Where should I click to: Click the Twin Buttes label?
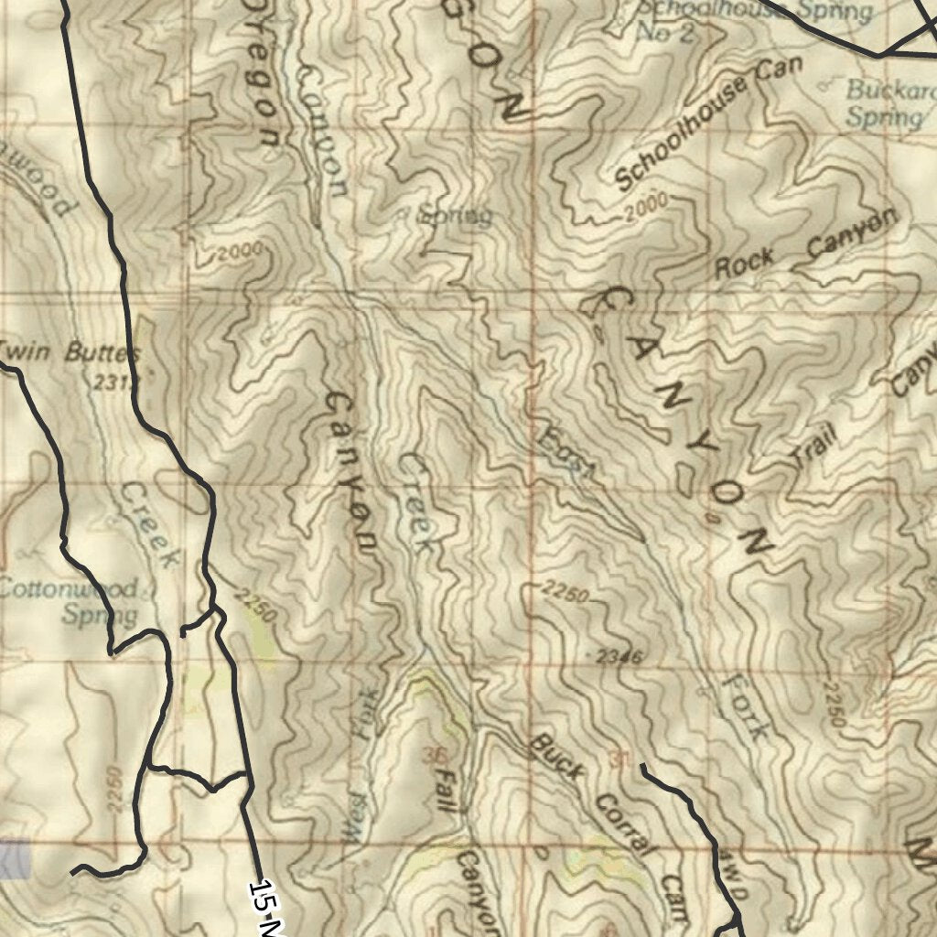[70, 352]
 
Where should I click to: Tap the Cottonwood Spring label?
[71, 600]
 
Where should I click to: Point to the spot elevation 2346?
[619, 656]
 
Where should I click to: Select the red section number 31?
[620, 759]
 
